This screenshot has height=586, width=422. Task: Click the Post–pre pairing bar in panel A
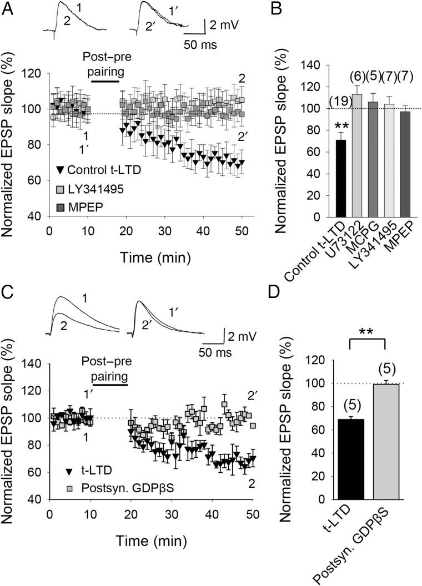coord(105,81)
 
